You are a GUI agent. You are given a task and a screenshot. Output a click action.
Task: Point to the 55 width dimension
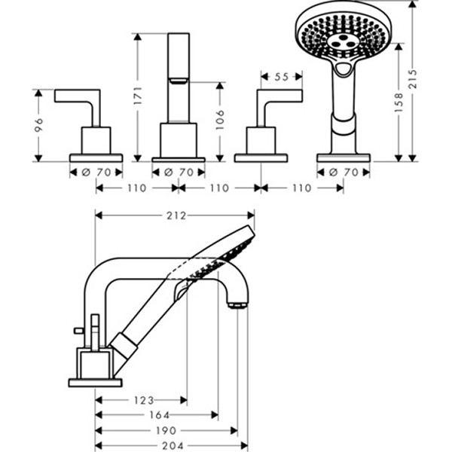tap(281, 77)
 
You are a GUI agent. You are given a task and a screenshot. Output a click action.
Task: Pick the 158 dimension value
tap(399, 101)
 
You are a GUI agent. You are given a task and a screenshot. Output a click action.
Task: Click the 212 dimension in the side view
tap(175, 215)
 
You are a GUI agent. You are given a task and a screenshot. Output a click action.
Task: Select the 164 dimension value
tap(156, 416)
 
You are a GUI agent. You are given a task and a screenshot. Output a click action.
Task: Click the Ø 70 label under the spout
tap(179, 173)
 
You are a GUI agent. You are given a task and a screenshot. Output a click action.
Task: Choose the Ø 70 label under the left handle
tap(96, 173)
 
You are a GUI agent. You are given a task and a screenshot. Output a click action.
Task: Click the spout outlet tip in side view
tap(237, 304)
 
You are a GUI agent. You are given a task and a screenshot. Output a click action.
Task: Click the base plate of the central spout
tap(179, 158)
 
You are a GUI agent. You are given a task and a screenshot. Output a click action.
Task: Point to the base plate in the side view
tap(95, 382)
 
